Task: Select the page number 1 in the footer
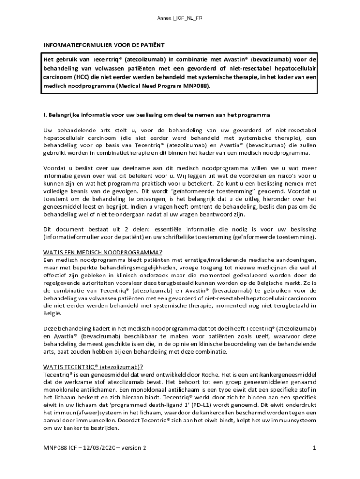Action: tap(315, 448)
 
